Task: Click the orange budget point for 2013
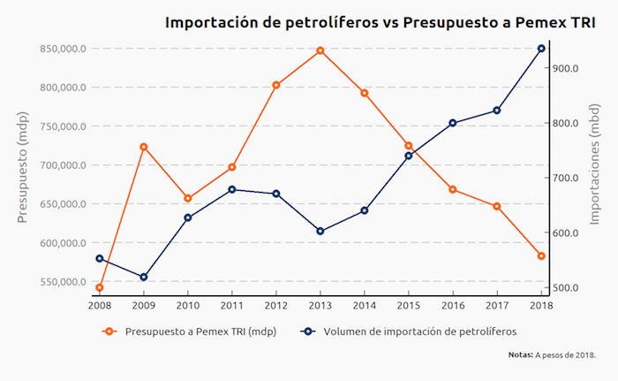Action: (x=320, y=50)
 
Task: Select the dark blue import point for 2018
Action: (x=541, y=49)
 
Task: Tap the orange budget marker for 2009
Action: (x=144, y=147)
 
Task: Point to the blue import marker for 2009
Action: (x=144, y=278)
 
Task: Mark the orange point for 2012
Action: (x=276, y=85)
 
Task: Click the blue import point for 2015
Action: (x=409, y=156)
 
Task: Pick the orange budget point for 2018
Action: (x=541, y=256)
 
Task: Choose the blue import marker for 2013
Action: (x=320, y=232)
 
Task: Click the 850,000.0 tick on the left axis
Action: (x=63, y=49)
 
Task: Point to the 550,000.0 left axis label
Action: (x=63, y=282)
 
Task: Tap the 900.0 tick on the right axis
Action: (x=565, y=68)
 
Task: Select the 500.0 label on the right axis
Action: (x=565, y=288)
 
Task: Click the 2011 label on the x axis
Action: (x=232, y=305)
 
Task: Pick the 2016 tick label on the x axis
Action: (x=453, y=305)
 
